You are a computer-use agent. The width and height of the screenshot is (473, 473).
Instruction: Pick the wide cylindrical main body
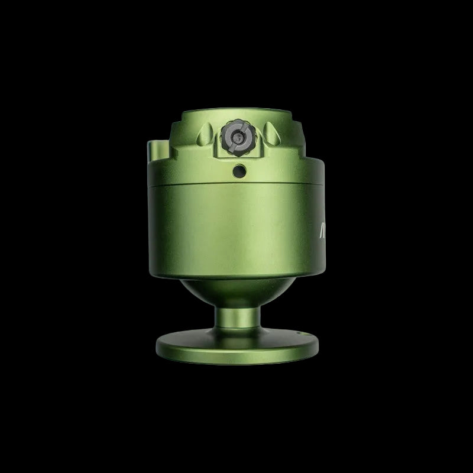point(237,231)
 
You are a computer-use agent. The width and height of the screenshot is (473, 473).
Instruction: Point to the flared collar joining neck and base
point(237,335)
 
